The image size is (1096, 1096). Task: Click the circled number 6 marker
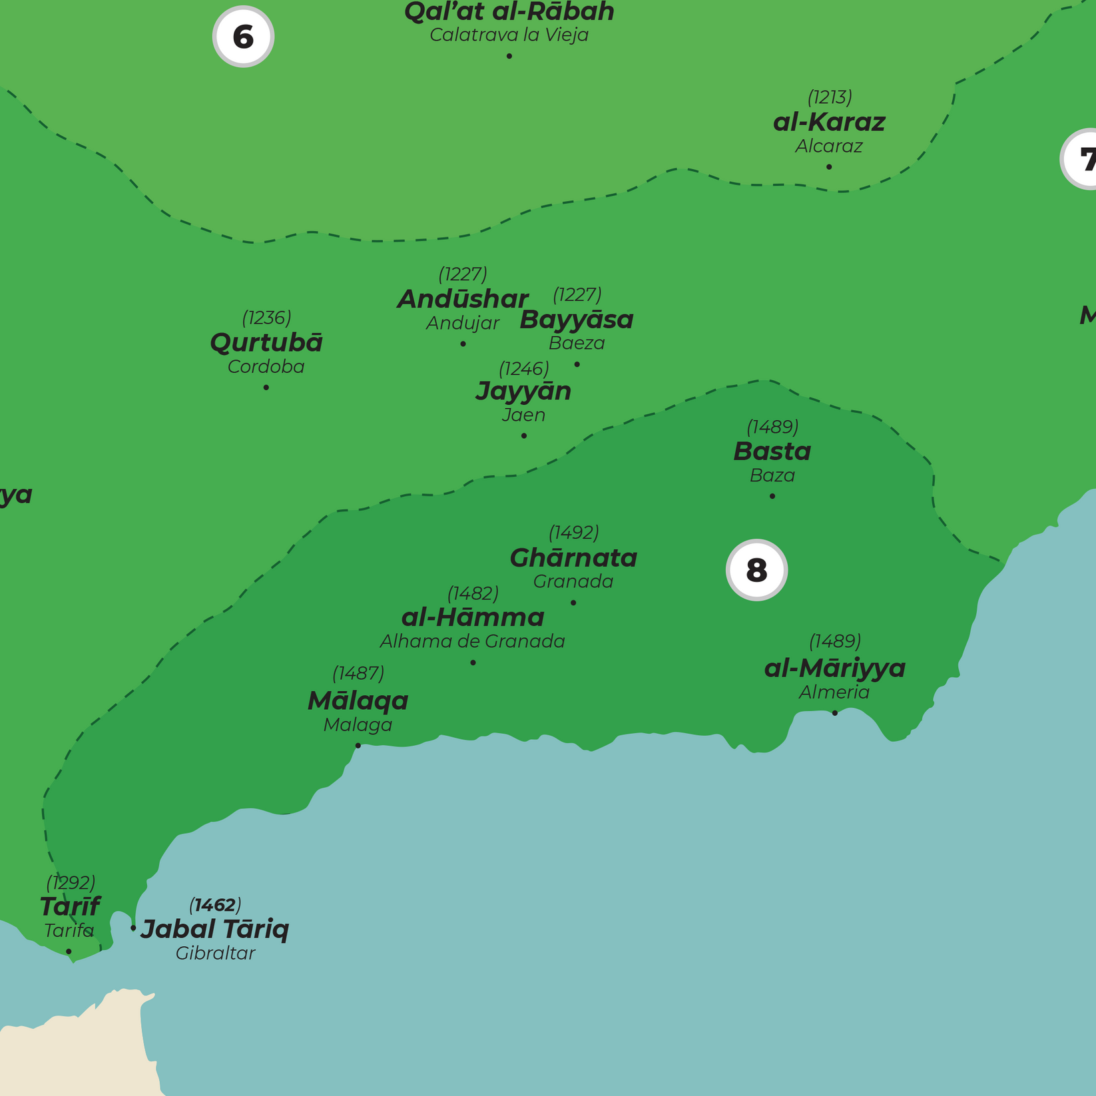(x=243, y=37)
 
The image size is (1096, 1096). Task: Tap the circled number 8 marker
(x=756, y=570)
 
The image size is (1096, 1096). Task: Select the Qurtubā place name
(x=266, y=343)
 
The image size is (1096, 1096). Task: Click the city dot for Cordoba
(x=266, y=388)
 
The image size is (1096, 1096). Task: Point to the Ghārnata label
(x=573, y=558)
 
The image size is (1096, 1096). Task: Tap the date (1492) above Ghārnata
(x=573, y=533)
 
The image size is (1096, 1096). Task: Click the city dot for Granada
(x=573, y=603)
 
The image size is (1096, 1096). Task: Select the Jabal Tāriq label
(x=215, y=929)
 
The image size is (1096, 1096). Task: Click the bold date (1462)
(x=215, y=905)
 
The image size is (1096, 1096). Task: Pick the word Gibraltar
(x=215, y=954)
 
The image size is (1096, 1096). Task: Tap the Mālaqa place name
(x=358, y=700)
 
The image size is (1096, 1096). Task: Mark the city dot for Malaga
(x=358, y=745)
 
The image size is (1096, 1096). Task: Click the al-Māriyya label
(x=834, y=668)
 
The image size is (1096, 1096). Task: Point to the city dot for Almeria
(x=834, y=713)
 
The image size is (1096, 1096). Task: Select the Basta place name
(x=772, y=451)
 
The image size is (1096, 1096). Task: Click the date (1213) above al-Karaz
(x=829, y=97)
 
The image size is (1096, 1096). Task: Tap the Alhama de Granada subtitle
(x=472, y=641)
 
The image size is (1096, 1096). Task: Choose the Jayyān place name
(x=523, y=391)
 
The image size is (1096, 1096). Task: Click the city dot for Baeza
(x=577, y=364)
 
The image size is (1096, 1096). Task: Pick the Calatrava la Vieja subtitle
(x=509, y=35)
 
